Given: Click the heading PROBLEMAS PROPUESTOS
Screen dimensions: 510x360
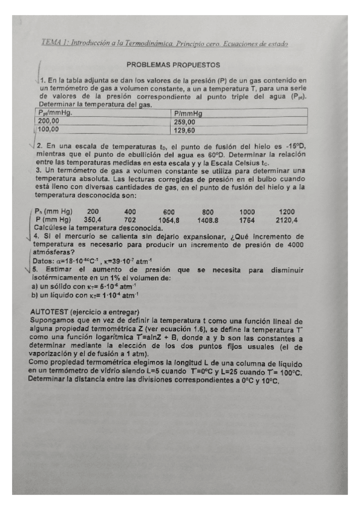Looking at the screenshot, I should pos(173,64).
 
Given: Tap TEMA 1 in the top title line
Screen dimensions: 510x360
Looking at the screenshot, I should pos(54,43).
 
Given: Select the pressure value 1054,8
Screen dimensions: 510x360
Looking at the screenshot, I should pos(169,220).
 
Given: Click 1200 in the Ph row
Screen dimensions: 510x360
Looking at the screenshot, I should pos(287,212).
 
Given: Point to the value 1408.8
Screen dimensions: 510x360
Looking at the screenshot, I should pos(208,220).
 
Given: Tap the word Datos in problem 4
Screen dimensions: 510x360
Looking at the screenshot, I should pos(41,262).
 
